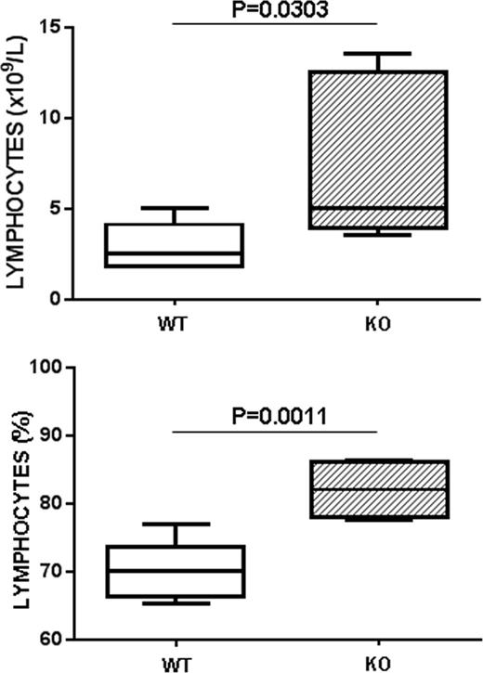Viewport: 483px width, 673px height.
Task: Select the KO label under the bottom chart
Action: point(378,663)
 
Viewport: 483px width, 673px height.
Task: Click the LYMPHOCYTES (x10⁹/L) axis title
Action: point(16,165)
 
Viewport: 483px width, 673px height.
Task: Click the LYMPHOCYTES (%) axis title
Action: point(16,504)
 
